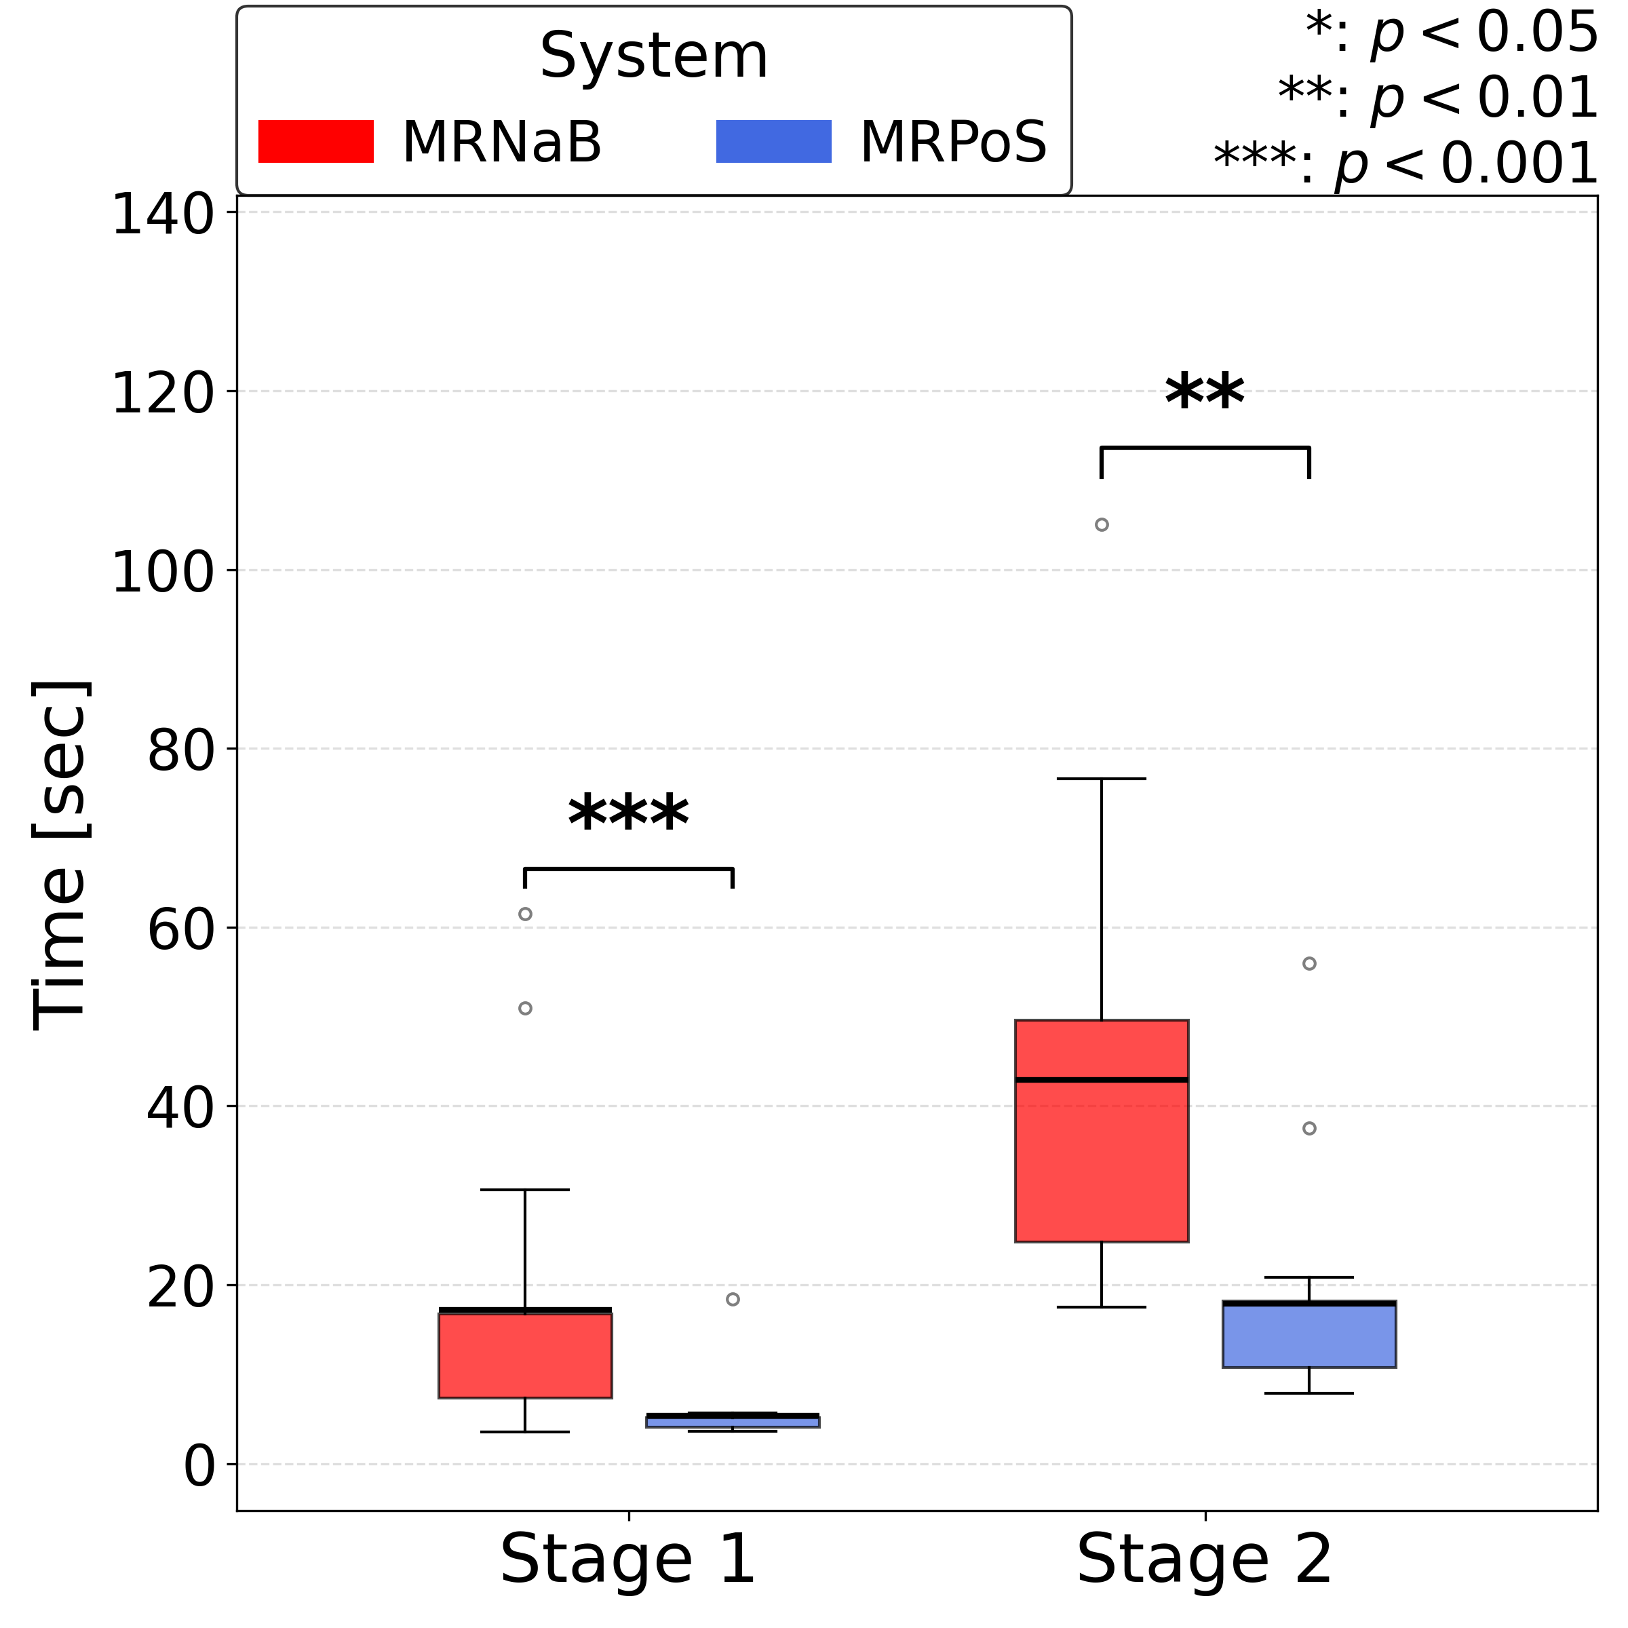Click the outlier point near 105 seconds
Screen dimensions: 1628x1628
pos(1102,525)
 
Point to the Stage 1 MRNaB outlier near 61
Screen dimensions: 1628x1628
pos(525,914)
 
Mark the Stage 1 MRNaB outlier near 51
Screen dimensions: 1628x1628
pos(525,1009)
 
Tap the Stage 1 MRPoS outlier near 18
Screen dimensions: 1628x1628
pos(733,1300)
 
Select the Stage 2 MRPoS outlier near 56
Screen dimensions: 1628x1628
pos(1309,964)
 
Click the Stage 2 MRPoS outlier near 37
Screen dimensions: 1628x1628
pos(1309,1128)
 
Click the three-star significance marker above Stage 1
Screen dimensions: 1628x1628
pos(629,815)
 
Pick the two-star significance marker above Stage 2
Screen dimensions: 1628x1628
pos(1204,394)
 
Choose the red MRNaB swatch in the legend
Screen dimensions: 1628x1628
pos(316,142)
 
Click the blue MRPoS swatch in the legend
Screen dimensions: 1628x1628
pos(773,142)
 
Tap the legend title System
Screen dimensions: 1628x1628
pos(654,57)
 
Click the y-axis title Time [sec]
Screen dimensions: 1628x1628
pos(59,855)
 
